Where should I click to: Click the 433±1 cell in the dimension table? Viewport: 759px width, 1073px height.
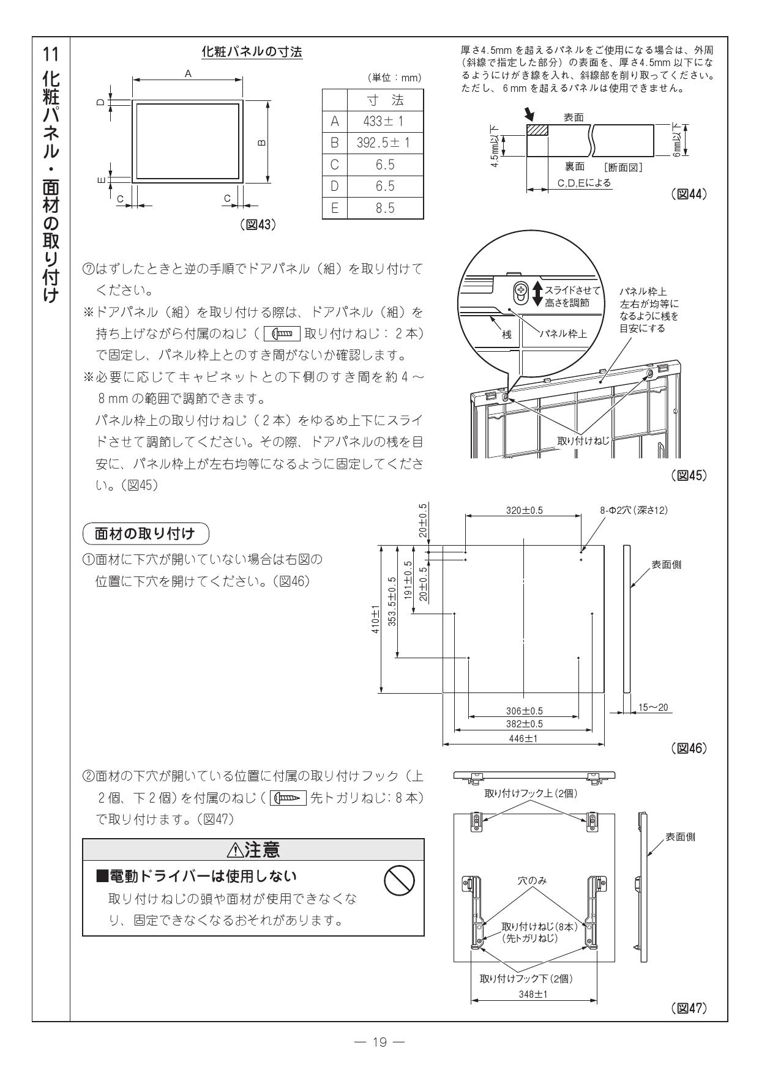pyautogui.click(x=384, y=121)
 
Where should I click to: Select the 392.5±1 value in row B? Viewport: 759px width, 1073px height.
pyautogui.click(x=384, y=143)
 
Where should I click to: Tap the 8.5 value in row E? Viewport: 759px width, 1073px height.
pyautogui.click(x=384, y=208)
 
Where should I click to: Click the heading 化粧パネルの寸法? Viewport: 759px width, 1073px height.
pyautogui.click(x=252, y=53)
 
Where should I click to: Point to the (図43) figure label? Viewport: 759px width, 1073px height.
pyautogui.click(x=259, y=225)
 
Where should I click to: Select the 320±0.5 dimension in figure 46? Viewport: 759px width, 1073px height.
pyautogui.click(x=524, y=510)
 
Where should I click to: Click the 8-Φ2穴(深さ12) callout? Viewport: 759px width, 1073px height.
pyautogui.click(x=633, y=510)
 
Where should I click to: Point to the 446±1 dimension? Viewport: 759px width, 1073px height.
pyautogui.click(x=524, y=739)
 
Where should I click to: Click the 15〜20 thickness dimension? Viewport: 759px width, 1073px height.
pyautogui.click(x=653, y=708)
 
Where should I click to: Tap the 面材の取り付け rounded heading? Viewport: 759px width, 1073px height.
pyautogui.click(x=145, y=533)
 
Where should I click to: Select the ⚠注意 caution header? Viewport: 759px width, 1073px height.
pyautogui.click(x=253, y=849)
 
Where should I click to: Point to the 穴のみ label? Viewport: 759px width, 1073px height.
pyautogui.click(x=533, y=881)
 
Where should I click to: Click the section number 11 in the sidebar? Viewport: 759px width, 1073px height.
pyautogui.click(x=53, y=54)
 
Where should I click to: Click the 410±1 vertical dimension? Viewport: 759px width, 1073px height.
pyautogui.click(x=376, y=619)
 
